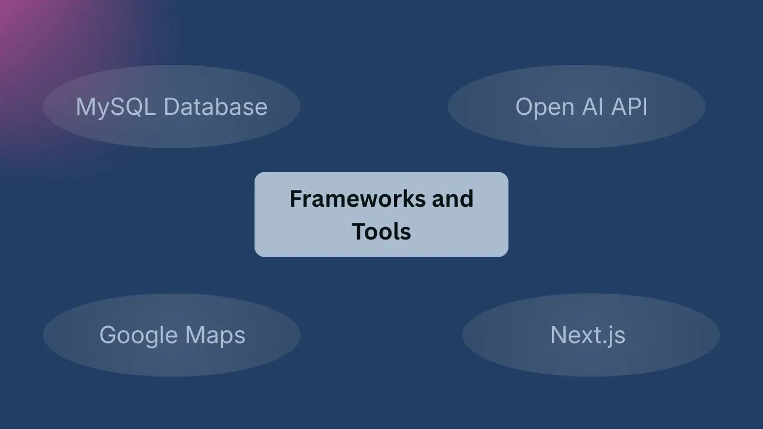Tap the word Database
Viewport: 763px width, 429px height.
(x=215, y=107)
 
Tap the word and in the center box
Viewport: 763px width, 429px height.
(x=452, y=198)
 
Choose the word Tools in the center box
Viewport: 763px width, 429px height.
(x=381, y=231)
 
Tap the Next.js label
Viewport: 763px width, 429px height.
(x=588, y=335)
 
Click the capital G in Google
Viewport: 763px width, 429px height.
(x=108, y=335)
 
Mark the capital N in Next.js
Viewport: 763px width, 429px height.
(x=559, y=335)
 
